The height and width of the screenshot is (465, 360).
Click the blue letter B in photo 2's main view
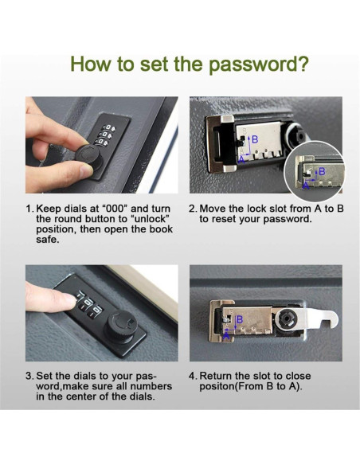pos(255,139)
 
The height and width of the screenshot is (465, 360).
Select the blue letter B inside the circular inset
pos(321,171)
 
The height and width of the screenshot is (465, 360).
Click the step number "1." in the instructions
pos(29,209)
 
